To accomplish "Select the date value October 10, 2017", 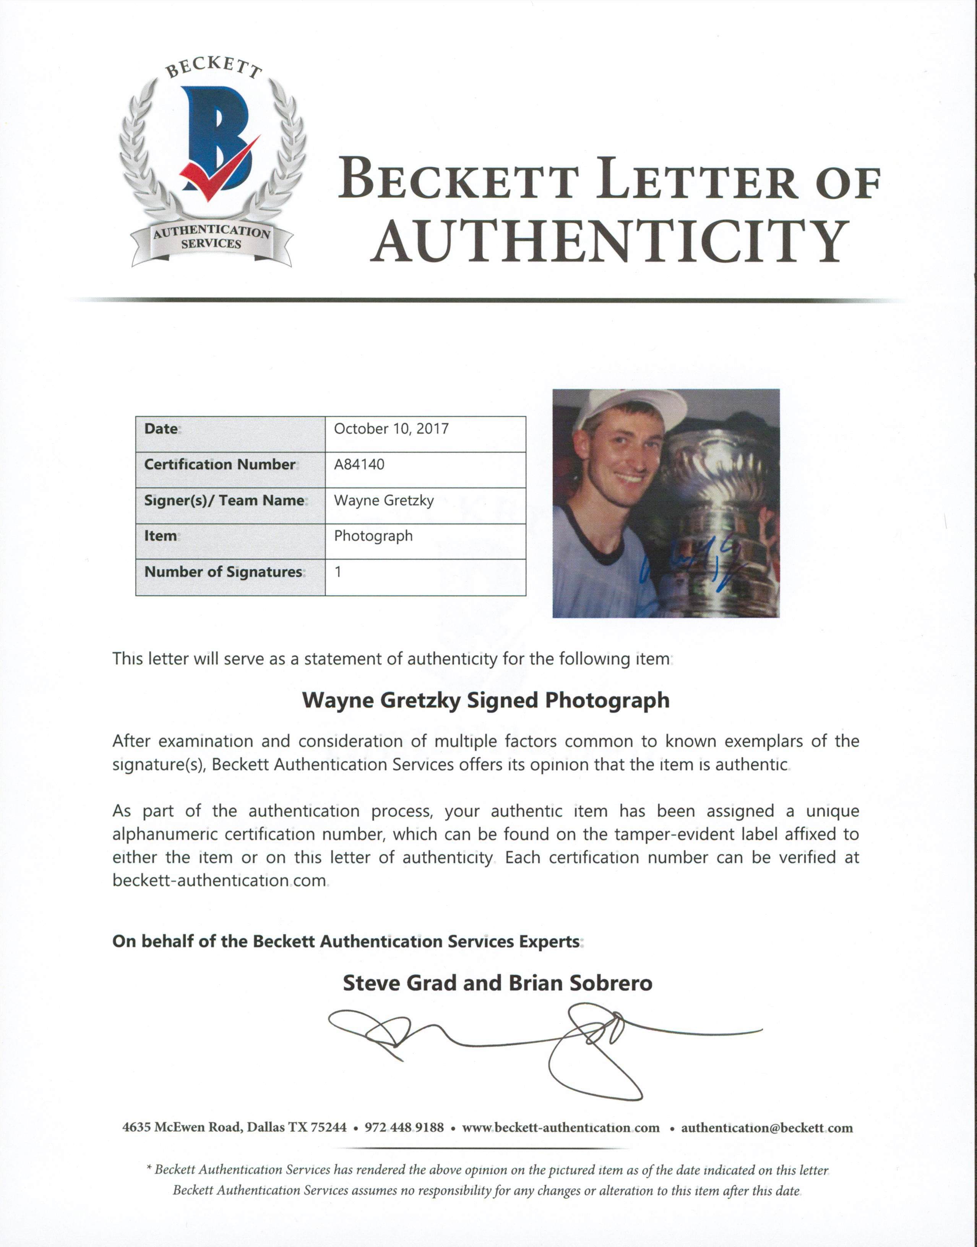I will click(391, 429).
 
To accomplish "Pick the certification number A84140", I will click(359, 464).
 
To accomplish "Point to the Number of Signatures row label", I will click(223, 572).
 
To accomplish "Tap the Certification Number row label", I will click(220, 464).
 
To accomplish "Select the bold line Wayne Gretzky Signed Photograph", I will click(486, 700).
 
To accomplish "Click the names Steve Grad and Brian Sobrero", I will click(497, 983).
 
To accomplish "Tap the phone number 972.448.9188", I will click(404, 1127).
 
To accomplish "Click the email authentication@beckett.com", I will click(766, 1127).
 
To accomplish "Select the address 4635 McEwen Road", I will click(183, 1127).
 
